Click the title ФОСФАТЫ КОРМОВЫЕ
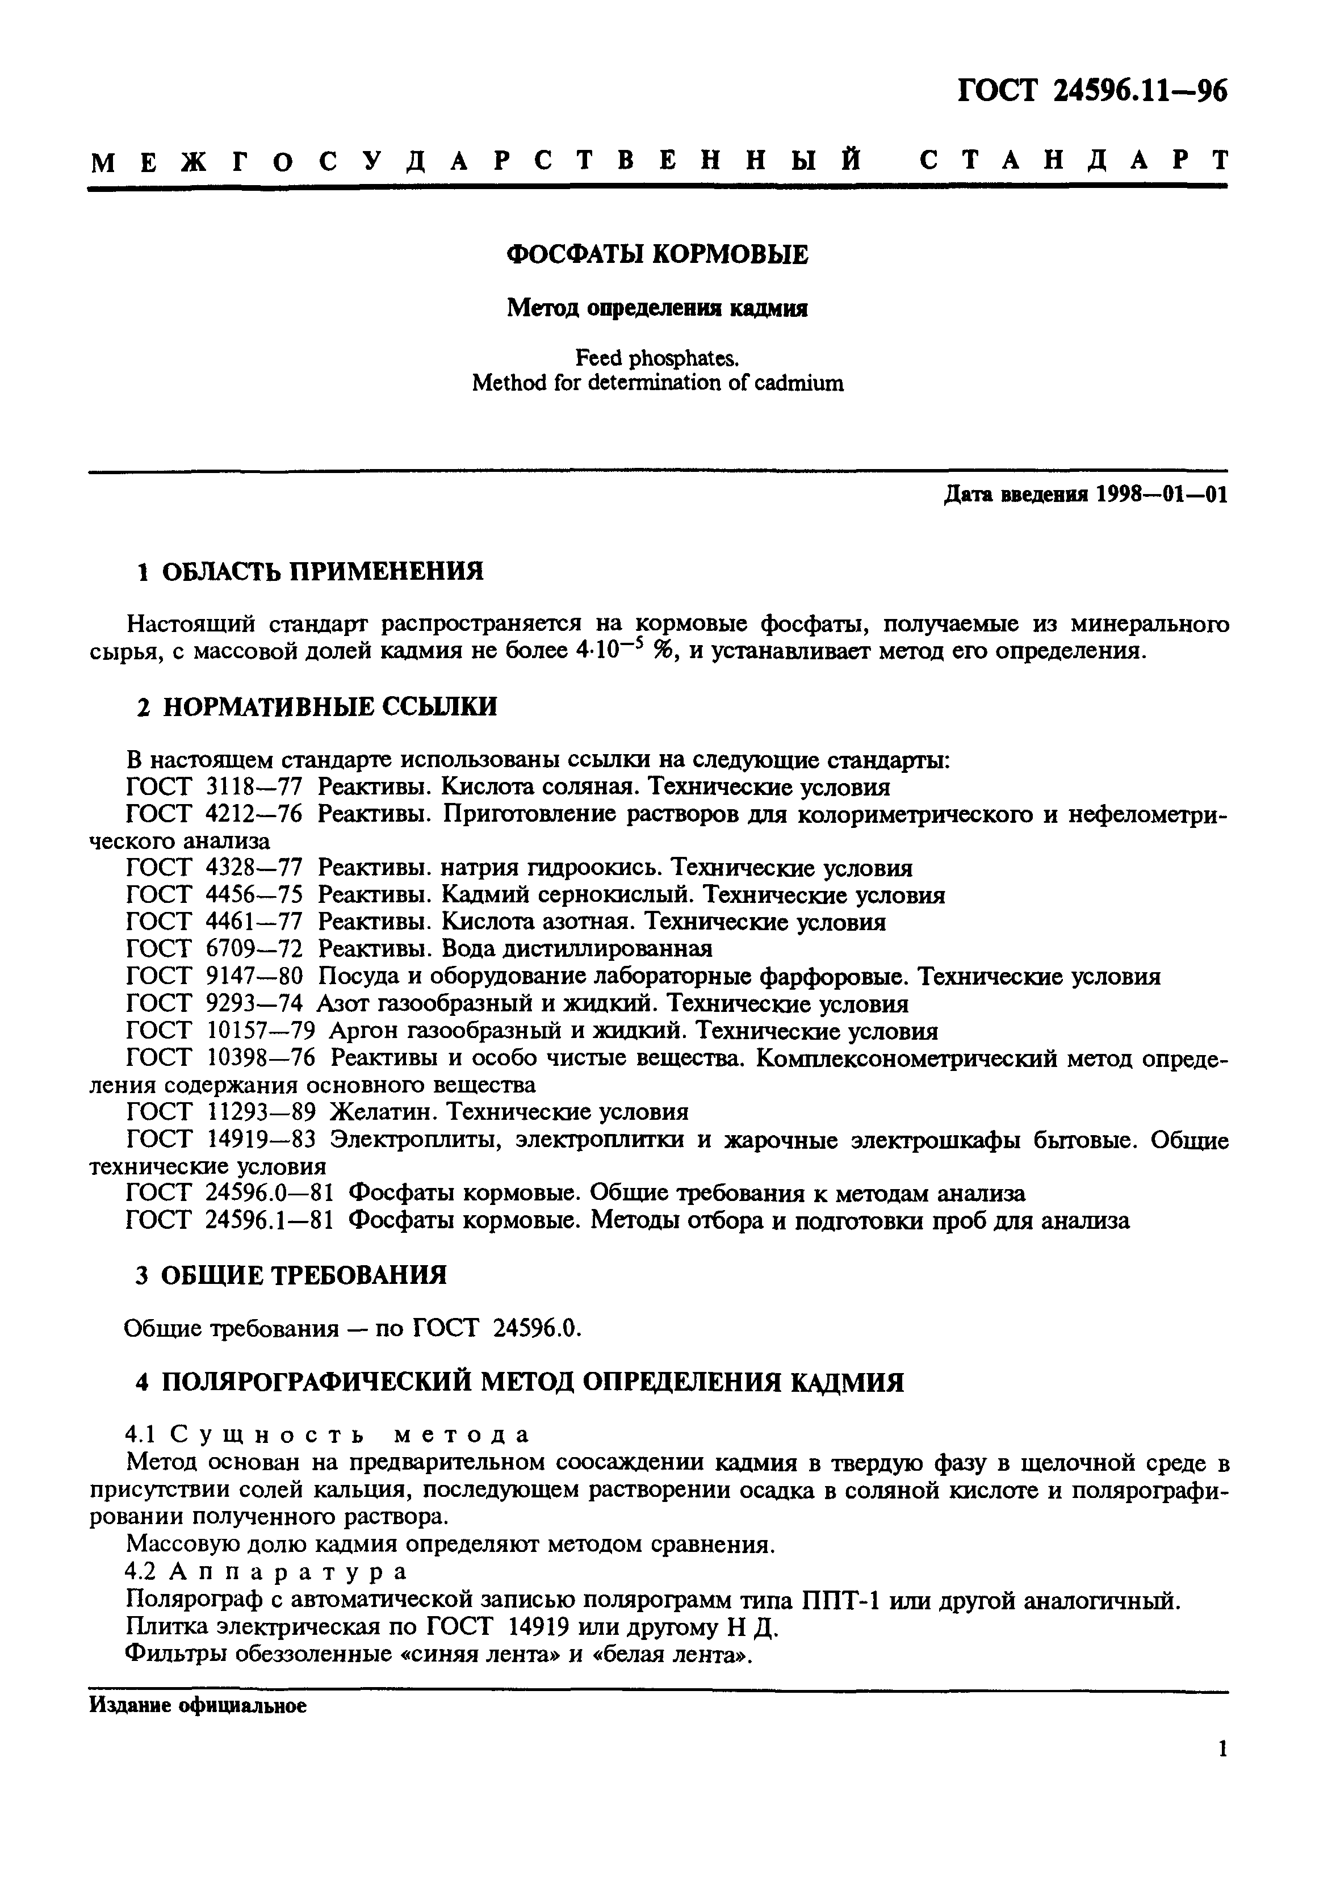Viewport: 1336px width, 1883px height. point(656,255)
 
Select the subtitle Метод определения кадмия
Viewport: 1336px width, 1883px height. point(656,308)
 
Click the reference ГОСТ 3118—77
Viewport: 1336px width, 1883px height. point(215,787)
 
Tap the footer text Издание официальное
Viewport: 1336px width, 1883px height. point(198,1706)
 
